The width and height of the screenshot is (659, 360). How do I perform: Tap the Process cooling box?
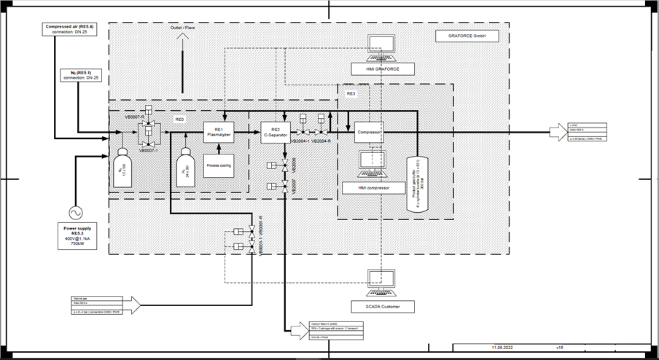pyautogui.click(x=218, y=165)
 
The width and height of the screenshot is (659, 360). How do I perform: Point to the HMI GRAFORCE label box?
pyautogui.click(x=381, y=69)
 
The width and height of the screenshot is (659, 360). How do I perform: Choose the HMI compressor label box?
pyautogui.click(x=373, y=188)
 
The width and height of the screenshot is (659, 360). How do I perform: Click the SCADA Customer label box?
pyautogui.click(x=381, y=306)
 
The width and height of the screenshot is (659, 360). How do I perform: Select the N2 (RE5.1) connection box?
pyautogui.click(x=81, y=76)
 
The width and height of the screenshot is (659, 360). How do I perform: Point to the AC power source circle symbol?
pyautogui.click(x=76, y=212)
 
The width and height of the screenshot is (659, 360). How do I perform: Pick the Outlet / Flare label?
pyautogui.click(x=182, y=28)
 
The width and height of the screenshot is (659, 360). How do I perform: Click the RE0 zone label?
pyautogui.click(x=179, y=119)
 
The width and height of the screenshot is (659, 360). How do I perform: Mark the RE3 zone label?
pyautogui.click(x=351, y=95)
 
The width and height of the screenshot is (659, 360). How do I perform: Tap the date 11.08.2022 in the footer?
pyautogui.click(x=503, y=348)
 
